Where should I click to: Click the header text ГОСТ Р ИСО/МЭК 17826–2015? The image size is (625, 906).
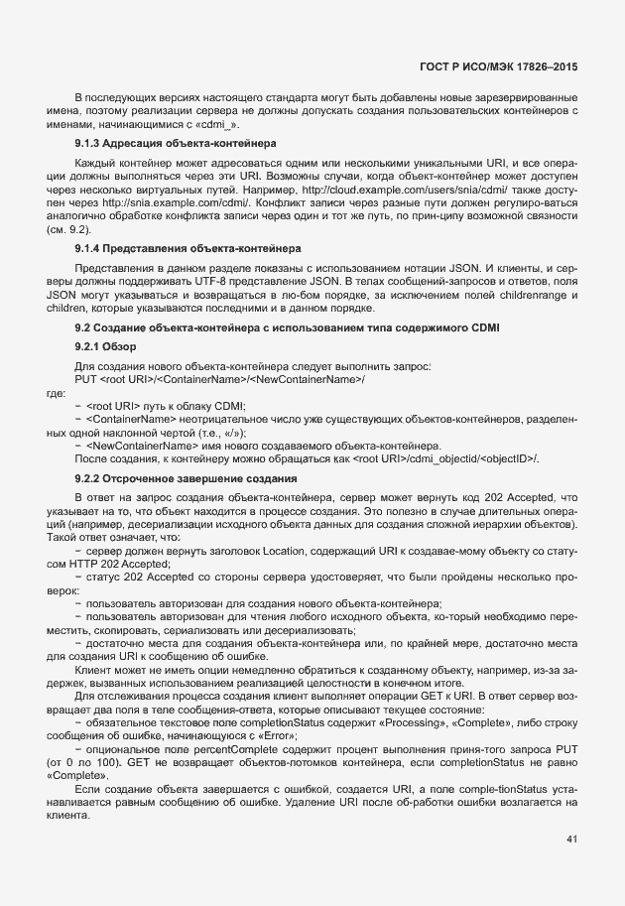(x=498, y=67)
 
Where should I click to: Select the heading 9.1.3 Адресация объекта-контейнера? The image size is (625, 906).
(x=176, y=143)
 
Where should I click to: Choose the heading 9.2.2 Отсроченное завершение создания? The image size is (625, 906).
(x=181, y=478)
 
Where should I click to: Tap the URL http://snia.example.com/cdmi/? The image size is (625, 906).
(x=168, y=200)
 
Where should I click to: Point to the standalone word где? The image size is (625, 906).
(x=56, y=393)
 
